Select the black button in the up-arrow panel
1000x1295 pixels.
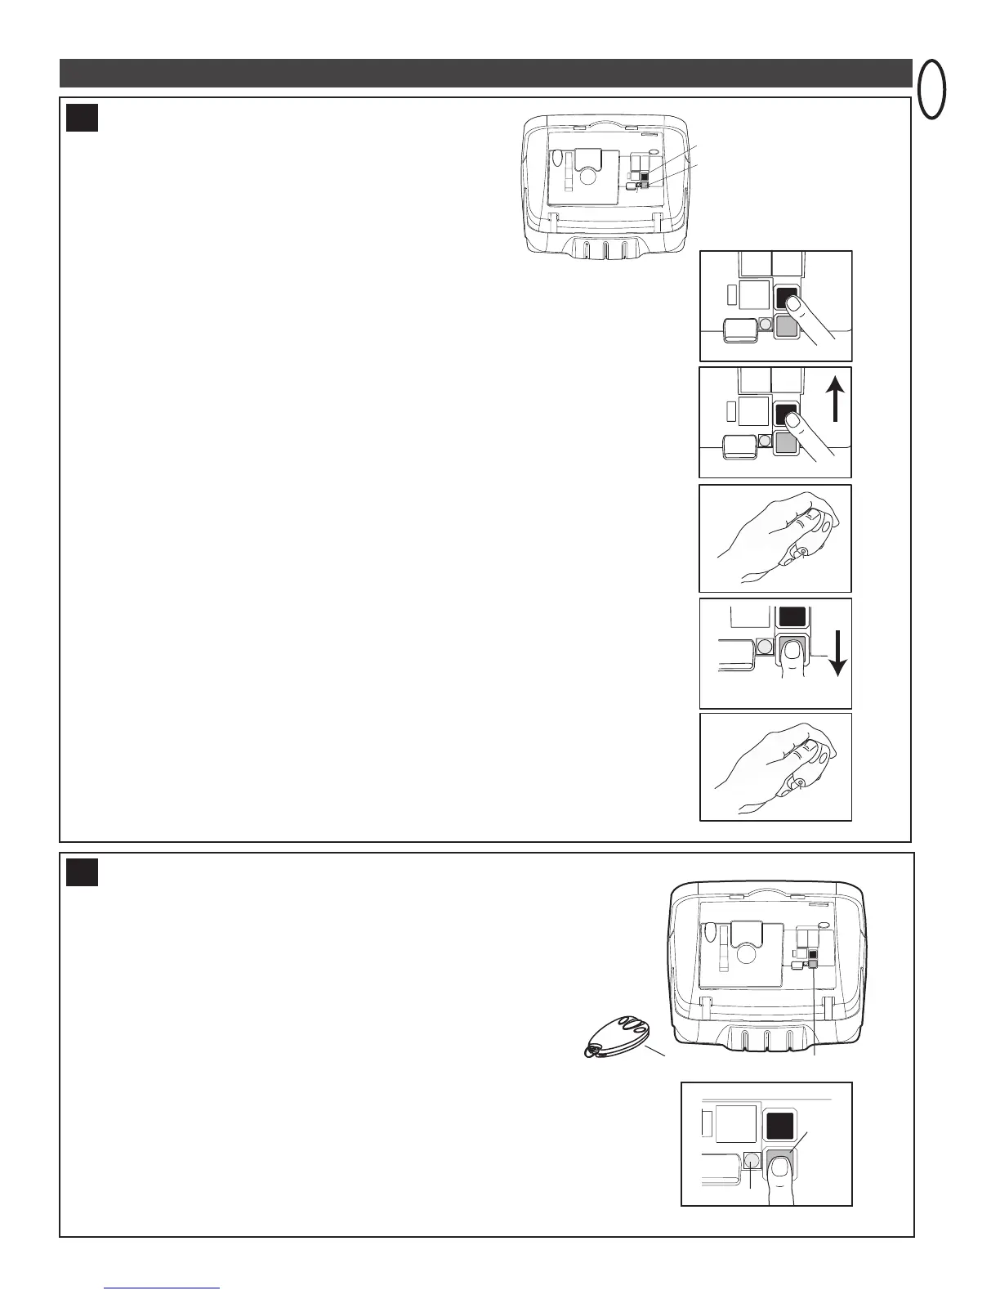(x=787, y=414)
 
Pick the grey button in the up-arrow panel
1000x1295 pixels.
(x=786, y=444)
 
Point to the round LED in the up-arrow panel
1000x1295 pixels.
(x=766, y=440)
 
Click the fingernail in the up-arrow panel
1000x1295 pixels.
(x=792, y=419)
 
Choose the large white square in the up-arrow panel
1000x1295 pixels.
(x=753, y=410)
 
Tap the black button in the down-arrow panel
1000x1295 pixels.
(x=791, y=616)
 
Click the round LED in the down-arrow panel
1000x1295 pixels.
(x=765, y=647)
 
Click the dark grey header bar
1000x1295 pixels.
(x=485, y=73)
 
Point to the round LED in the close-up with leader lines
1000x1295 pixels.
(x=752, y=1160)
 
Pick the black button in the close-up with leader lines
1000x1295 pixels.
(x=779, y=1128)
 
